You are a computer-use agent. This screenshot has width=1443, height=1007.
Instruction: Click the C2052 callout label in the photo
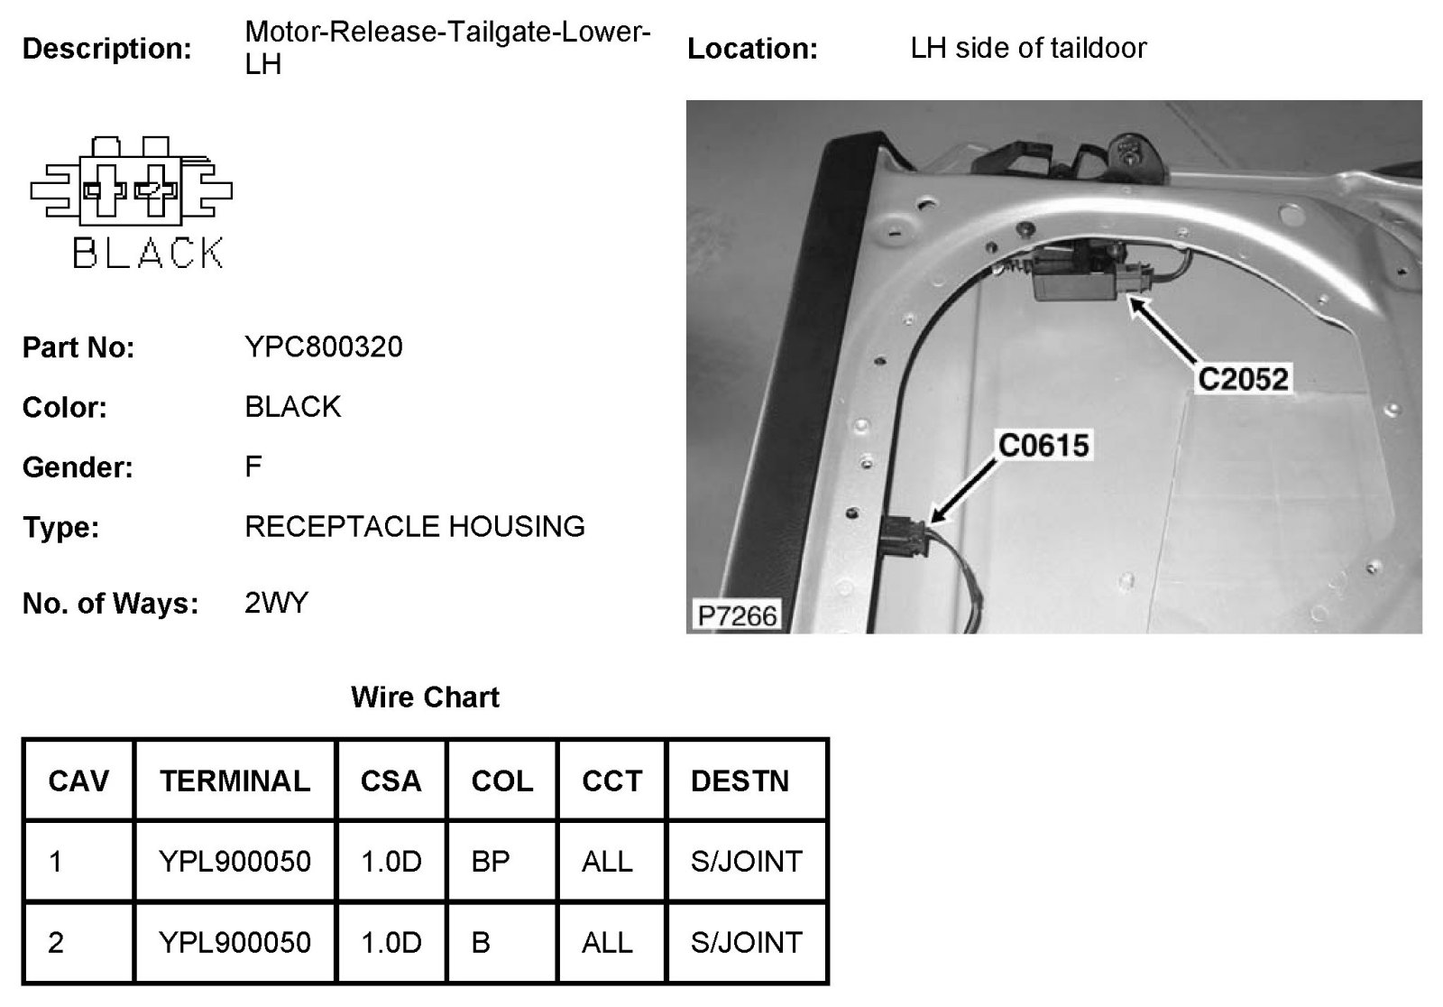point(1243,378)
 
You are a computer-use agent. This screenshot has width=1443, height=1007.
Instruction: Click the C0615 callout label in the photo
point(1043,445)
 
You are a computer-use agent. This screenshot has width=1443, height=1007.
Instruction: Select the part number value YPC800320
point(324,346)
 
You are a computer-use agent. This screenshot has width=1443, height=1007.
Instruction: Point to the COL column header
point(501,781)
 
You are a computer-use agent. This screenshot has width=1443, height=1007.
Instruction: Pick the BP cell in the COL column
point(491,861)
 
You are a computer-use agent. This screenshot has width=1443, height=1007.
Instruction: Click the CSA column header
point(391,781)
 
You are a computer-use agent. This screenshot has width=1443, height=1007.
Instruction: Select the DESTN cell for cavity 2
point(746,942)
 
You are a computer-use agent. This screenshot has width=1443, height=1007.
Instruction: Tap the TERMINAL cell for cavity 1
point(234,861)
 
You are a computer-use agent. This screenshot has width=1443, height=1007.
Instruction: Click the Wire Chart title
point(425,697)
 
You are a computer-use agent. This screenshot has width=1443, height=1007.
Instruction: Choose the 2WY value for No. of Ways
point(276,602)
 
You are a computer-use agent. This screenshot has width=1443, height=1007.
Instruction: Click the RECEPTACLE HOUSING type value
point(415,526)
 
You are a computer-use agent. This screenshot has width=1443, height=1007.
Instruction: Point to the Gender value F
point(253,467)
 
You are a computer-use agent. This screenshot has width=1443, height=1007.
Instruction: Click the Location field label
point(752,49)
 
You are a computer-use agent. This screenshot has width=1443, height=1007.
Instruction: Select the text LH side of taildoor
point(1028,48)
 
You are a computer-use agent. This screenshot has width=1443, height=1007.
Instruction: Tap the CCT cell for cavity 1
point(607,861)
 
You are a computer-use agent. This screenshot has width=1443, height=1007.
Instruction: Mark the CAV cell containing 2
point(56,942)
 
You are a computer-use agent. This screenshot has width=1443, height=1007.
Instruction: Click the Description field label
point(106,49)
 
